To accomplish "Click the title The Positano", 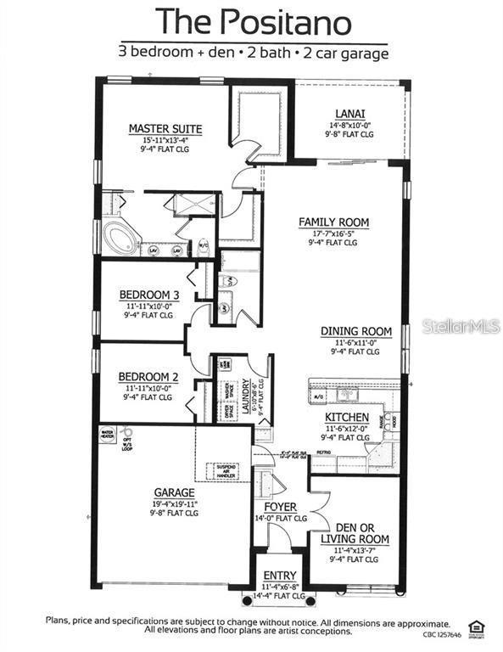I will click(250, 20).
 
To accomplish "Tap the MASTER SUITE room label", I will click(165, 129).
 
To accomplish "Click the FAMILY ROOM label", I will click(333, 222).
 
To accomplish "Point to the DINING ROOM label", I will click(355, 331).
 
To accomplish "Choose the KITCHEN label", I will click(347, 417).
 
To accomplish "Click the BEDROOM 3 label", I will click(148, 296).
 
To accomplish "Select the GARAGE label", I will click(174, 492).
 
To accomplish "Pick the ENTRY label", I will click(280, 576).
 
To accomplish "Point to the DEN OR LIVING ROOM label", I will click(355, 532).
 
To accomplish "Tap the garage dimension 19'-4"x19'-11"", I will click(174, 503).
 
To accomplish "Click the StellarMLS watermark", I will click(461, 326).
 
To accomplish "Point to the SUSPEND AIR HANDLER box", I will click(228, 471).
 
